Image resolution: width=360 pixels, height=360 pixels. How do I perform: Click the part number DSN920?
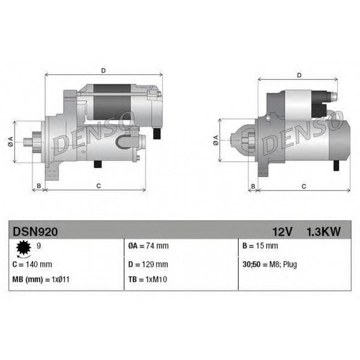point(35,232)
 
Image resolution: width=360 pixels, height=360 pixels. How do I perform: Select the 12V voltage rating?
point(282,232)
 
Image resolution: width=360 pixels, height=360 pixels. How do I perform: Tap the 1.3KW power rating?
point(323,232)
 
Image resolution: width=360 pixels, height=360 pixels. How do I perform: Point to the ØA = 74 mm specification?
point(148,246)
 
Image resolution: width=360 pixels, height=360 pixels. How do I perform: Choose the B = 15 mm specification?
point(260,246)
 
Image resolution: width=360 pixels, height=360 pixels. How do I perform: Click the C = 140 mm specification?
point(32,264)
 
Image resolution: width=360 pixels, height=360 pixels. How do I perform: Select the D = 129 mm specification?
point(148,264)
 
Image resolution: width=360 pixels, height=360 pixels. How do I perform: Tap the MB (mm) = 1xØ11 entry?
point(41,280)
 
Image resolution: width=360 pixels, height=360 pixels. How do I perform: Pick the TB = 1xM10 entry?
point(148,280)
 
